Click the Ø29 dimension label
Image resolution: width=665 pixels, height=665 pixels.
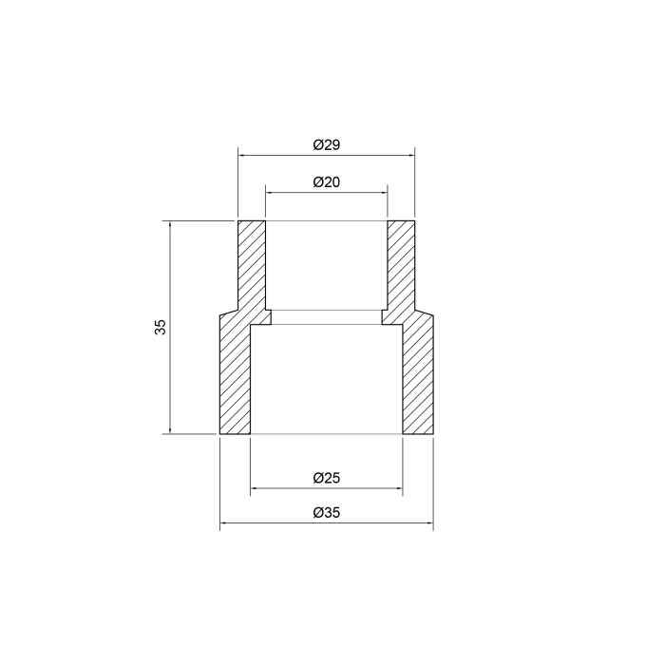pyautogui.click(x=326, y=145)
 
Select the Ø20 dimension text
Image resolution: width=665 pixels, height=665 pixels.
pyautogui.click(x=326, y=182)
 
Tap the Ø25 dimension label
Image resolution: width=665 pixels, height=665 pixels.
pyautogui.click(x=326, y=479)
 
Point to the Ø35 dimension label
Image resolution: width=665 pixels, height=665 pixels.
pyautogui.click(x=326, y=513)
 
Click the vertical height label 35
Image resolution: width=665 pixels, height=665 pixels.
pyautogui.click(x=161, y=328)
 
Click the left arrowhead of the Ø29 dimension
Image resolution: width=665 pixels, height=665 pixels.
pyautogui.click(x=241, y=155)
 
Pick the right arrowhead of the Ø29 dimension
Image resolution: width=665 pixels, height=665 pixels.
pyautogui.click(x=410, y=155)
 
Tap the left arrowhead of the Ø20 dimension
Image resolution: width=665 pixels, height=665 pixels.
pyautogui.click(x=270, y=192)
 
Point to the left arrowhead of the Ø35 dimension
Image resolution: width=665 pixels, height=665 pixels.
pyautogui.click(x=224, y=523)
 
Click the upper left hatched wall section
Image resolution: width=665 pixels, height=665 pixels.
pyautogui.click(x=251, y=266)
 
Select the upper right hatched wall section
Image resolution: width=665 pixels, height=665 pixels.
pyautogui.click(x=401, y=266)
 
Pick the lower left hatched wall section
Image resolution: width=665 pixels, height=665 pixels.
pyautogui.click(x=235, y=380)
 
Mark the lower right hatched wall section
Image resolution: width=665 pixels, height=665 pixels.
pyautogui.click(x=418, y=380)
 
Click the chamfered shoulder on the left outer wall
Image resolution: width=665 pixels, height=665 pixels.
pyautogui.click(x=228, y=313)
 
